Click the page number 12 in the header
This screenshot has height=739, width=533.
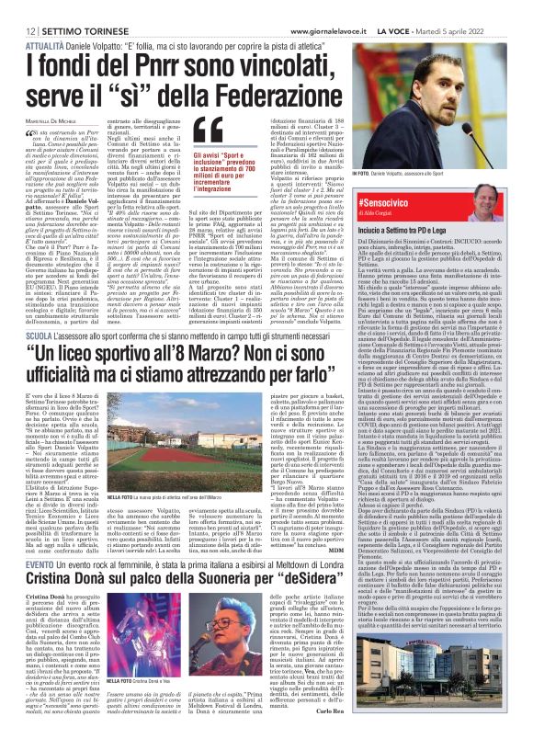[x=18, y=8]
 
